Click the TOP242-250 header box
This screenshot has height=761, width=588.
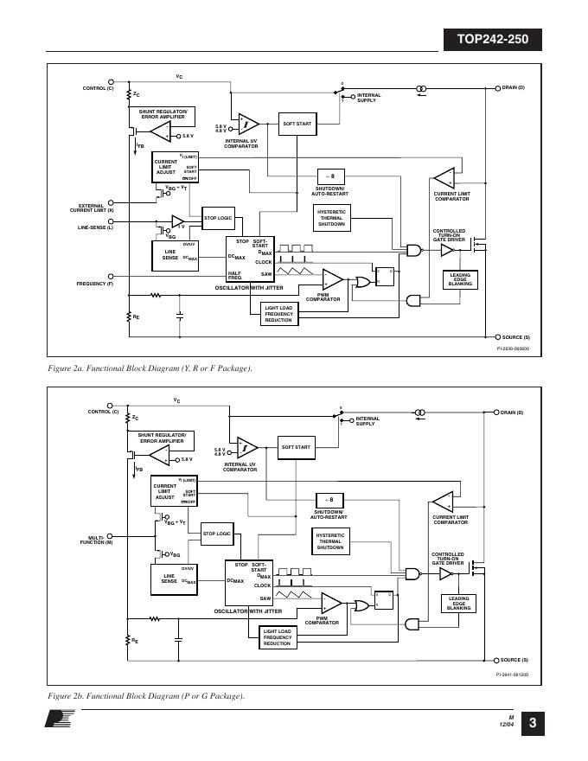pos(491,39)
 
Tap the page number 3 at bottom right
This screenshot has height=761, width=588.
pos(533,724)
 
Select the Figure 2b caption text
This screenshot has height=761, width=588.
pos(146,696)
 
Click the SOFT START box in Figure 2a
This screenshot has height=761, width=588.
pos(297,125)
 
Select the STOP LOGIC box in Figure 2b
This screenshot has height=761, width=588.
pos(217,534)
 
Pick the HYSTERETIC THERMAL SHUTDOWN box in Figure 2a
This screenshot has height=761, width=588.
pos(332,218)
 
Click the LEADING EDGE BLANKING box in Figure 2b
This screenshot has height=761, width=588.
pos(459,604)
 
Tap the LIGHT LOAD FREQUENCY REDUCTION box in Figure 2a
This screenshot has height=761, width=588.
pos(279,313)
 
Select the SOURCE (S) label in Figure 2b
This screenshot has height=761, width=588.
pos(515,659)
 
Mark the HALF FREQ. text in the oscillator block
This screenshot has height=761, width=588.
pos(234,275)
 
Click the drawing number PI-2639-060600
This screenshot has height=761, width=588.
pos(512,349)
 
